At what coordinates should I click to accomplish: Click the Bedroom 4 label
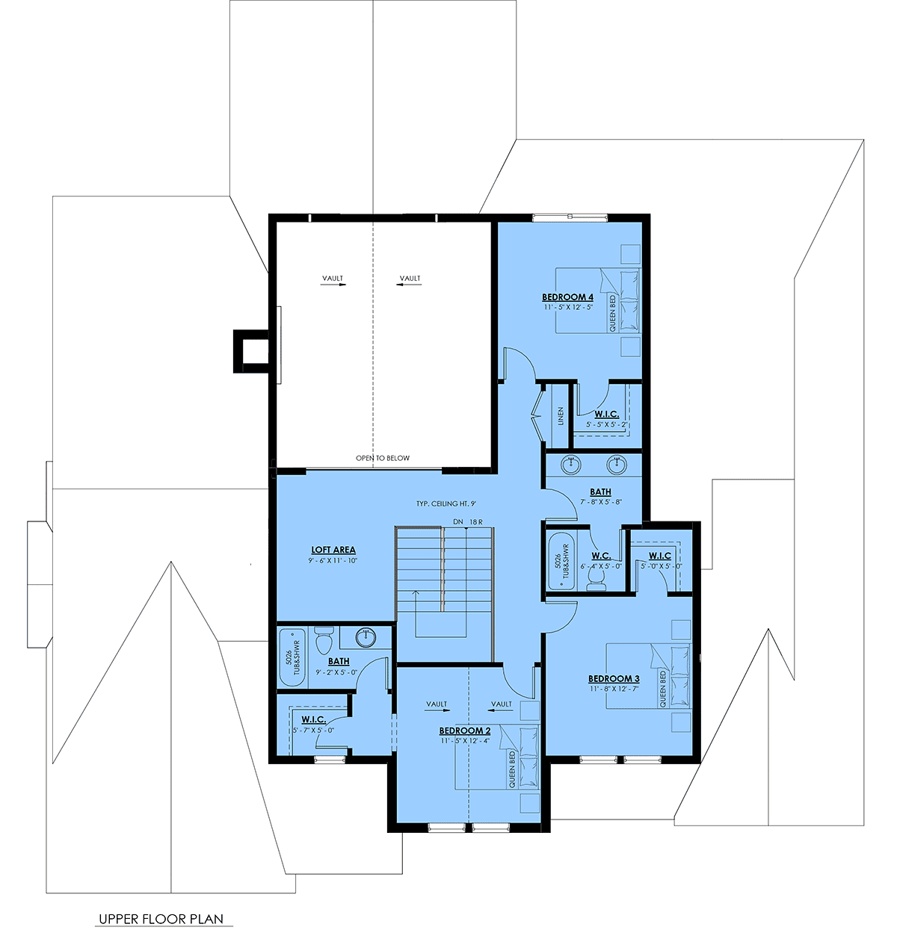pyautogui.click(x=567, y=297)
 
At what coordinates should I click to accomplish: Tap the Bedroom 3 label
pyautogui.click(x=614, y=678)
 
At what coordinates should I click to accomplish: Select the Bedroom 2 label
pyautogui.click(x=465, y=731)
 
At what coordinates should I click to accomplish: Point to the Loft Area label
pyautogui.click(x=333, y=550)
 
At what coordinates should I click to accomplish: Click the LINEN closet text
pyautogui.click(x=561, y=416)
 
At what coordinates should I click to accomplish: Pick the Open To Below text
pyautogui.click(x=383, y=458)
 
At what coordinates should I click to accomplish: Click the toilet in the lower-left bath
pyautogui.click(x=323, y=640)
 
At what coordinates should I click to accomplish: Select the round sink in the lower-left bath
pyautogui.click(x=366, y=637)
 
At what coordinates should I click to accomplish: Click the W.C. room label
pyautogui.click(x=601, y=556)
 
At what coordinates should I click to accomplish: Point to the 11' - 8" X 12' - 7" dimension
pyautogui.click(x=614, y=689)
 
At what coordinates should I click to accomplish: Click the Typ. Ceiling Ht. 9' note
pyautogui.click(x=446, y=504)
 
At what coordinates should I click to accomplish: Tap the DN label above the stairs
pyautogui.click(x=458, y=521)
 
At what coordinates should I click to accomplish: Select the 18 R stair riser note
pyautogui.click(x=476, y=521)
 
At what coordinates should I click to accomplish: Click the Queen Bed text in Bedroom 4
pyautogui.click(x=612, y=314)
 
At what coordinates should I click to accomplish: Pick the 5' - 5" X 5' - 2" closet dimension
pyautogui.click(x=606, y=425)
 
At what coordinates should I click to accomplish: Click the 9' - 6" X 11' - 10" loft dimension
pyautogui.click(x=333, y=560)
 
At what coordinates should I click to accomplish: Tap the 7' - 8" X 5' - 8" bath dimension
pyautogui.click(x=600, y=502)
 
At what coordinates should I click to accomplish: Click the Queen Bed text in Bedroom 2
pyautogui.click(x=512, y=770)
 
